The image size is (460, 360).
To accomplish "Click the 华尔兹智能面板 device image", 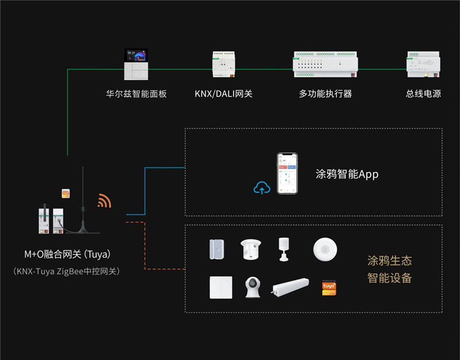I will coord(136,65).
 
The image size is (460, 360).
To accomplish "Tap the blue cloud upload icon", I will coord(262,187).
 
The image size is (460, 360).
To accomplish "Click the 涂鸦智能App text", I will coord(347,174).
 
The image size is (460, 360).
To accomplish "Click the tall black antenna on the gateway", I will coord(83,196).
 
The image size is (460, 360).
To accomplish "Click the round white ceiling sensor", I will coord(325,248).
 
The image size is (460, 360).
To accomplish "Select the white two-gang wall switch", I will coord(221,287).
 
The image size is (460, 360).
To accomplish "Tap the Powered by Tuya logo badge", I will coord(328,288).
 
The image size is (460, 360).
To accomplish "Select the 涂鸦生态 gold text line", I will coord(389,261).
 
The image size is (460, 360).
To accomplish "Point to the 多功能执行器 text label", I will coord(325,93).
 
